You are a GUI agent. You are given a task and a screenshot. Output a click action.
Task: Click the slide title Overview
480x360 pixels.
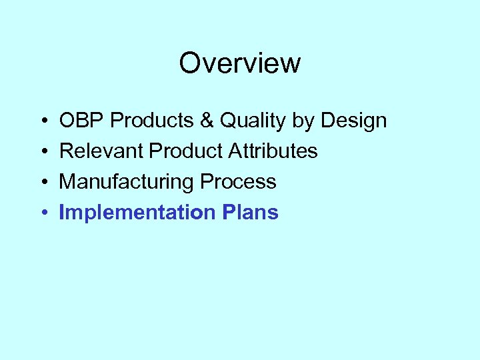pyautogui.click(x=239, y=64)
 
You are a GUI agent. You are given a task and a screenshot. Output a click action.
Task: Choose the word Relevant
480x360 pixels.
pyautogui.click(x=102, y=151)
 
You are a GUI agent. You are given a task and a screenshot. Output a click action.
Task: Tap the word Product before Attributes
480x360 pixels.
pyautogui.click(x=187, y=151)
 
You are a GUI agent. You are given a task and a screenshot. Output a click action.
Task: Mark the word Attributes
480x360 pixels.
pyautogui.click(x=273, y=151)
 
